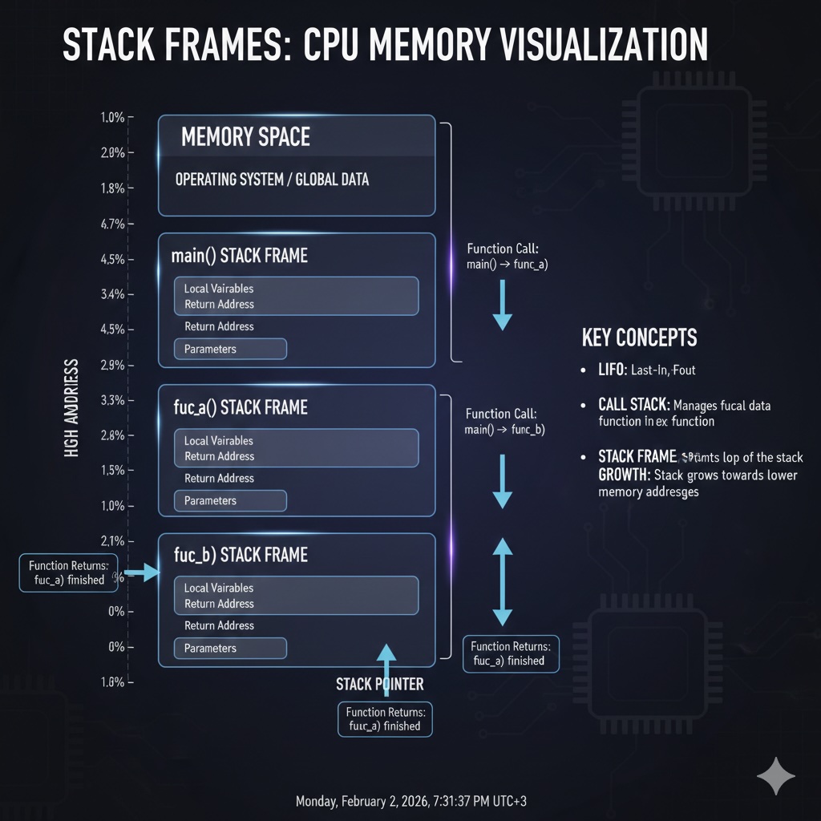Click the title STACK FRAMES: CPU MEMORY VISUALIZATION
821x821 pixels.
[x=385, y=47]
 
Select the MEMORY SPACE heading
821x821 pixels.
[x=245, y=137]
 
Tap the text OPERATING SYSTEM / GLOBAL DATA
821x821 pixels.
[x=272, y=180]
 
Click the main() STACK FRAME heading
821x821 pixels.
[x=239, y=257]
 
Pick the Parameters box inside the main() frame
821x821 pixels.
[x=230, y=349]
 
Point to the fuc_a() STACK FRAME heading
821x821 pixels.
[x=241, y=407]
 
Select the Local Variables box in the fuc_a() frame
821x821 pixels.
[x=296, y=448]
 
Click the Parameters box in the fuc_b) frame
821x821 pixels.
[x=230, y=648]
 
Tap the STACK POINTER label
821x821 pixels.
[x=379, y=685]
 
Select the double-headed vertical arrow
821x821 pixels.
[x=502, y=581]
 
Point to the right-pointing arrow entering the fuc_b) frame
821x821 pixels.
[x=144, y=572]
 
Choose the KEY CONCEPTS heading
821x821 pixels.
[x=639, y=338]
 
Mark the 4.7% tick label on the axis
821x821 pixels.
[x=112, y=224]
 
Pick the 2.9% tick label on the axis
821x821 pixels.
[x=112, y=365]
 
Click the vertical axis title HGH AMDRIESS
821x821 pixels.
[x=71, y=408]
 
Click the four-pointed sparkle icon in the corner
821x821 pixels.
[x=776, y=777]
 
